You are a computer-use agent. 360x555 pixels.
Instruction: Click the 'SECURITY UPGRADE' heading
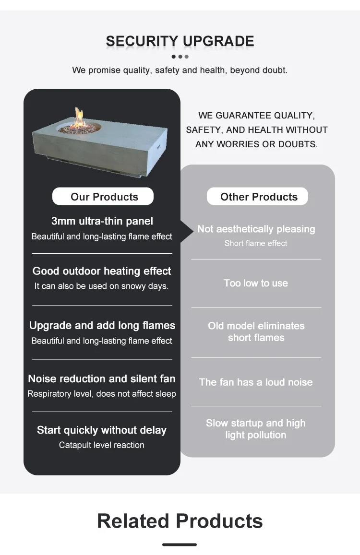[x=180, y=41]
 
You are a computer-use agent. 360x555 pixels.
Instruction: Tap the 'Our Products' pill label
[x=104, y=197]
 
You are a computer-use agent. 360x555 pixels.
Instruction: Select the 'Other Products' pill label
[x=259, y=197]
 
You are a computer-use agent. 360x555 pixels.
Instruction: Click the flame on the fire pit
[x=79, y=117]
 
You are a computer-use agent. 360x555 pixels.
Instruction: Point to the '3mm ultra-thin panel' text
[x=102, y=221]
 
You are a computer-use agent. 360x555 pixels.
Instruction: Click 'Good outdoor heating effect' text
[x=102, y=271]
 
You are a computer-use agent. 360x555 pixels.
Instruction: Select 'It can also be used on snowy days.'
[x=101, y=286]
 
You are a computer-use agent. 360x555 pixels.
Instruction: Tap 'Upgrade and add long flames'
[x=102, y=325]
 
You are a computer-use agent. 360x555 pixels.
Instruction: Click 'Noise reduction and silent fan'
[x=102, y=378]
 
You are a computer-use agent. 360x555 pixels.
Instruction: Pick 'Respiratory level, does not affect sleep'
[x=102, y=394]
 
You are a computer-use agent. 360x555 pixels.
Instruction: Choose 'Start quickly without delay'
[x=102, y=430]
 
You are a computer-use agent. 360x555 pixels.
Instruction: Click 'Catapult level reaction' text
[x=102, y=445]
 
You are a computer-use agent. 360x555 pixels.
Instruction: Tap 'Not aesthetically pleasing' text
[x=256, y=229]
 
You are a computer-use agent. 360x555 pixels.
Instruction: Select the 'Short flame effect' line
[x=256, y=243]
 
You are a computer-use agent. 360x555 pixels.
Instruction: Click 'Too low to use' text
[x=256, y=283]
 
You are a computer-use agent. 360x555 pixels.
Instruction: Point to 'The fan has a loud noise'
[x=256, y=382]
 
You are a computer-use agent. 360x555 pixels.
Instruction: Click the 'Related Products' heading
[x=180, y=521]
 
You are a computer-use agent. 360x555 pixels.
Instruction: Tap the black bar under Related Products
[x=180, y=544]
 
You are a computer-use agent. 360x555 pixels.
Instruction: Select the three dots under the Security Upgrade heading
[x=180, y=57]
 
